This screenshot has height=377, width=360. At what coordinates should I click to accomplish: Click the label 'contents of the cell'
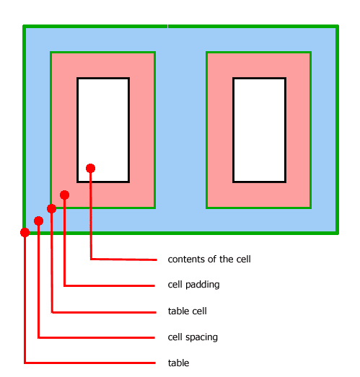209,260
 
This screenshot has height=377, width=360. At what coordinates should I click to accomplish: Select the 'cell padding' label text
194,285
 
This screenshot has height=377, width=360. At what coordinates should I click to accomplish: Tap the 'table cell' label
188,311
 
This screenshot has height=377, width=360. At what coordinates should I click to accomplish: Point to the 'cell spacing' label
193,337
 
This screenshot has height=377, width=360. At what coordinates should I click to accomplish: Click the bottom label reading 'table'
178,363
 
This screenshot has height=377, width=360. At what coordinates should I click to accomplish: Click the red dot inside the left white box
90,168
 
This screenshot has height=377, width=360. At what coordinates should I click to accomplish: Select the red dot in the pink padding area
64,195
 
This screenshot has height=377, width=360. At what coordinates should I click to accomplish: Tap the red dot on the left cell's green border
51,208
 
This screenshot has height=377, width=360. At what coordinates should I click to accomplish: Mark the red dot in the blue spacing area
38,221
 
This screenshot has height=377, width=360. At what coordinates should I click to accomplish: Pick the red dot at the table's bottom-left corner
25,233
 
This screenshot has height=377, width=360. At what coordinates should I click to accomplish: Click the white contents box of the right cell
260,130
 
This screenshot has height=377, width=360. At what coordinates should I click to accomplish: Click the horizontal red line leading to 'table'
90,363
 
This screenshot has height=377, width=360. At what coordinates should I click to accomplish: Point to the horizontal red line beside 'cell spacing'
96,337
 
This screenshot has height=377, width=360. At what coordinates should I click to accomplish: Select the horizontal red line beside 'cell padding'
109,285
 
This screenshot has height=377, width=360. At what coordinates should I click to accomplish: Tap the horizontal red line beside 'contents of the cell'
123,260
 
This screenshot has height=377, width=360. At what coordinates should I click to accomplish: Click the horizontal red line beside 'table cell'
104,312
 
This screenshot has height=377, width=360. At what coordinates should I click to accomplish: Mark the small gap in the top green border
167,26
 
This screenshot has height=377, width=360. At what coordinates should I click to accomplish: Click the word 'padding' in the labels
203,285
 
